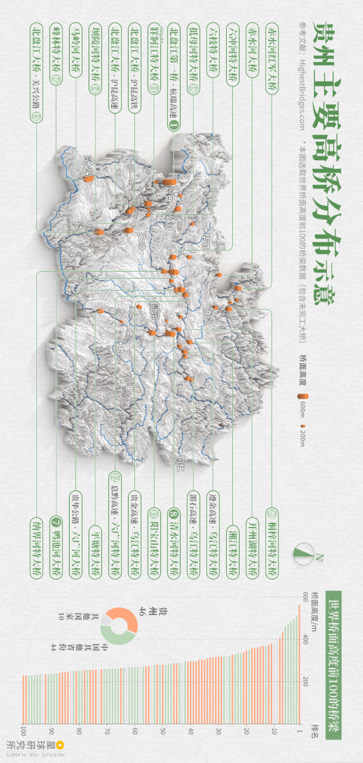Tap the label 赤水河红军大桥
click(x=271, y=58)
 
